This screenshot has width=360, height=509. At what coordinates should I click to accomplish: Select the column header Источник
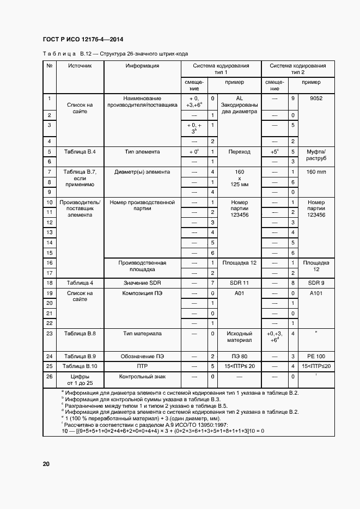(80, 66)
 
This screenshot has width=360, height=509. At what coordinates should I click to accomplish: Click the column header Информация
(142, 66)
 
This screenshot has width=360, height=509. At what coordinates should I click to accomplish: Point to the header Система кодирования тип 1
(221, 69)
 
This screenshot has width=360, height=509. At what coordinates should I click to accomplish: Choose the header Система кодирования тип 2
(298, 69)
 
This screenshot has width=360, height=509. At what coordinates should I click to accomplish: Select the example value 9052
(316, 99)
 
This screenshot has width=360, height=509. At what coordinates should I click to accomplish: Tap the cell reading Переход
(239, 152)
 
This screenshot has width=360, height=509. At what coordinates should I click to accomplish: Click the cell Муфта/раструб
(316, 156)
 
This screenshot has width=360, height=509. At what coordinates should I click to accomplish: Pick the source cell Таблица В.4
(80, 152)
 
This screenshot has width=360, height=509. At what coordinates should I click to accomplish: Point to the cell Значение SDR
(142, 283)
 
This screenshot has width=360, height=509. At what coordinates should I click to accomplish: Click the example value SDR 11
(239, 283)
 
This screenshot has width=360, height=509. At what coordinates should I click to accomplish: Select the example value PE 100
(316, 355)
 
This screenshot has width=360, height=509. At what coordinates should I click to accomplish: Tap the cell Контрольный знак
(142, 377)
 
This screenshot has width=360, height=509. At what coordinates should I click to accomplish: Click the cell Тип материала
(142, 333)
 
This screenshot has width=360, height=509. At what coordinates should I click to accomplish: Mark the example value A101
(316, 293)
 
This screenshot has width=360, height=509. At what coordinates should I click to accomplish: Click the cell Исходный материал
(239, 336)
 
